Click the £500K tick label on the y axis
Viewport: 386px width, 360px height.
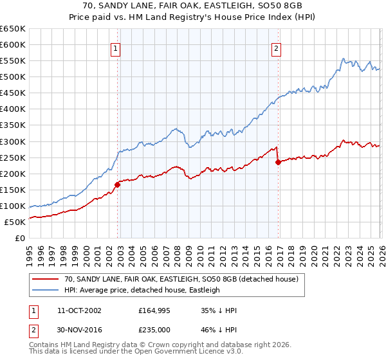(x=13, y=77)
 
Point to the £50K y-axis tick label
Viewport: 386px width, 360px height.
(x=15, y=222)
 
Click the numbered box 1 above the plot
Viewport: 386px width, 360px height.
(x=115, y=48)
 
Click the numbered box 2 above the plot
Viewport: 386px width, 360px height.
(x=276, y=48)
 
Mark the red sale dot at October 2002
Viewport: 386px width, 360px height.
(x=118, y=184)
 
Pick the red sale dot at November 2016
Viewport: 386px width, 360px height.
(x=278, y=162)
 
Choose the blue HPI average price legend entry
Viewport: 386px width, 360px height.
(x=142, y=291)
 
